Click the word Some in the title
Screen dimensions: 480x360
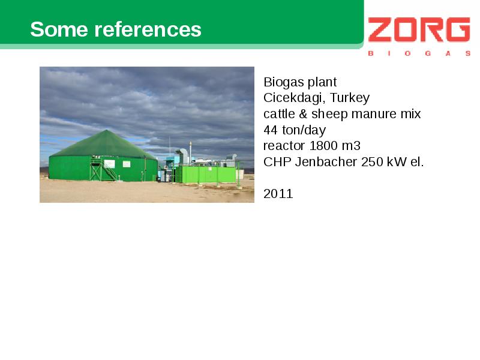[59, 29]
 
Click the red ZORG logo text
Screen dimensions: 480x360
[419, 29]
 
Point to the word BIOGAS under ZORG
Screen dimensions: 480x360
[419, 53]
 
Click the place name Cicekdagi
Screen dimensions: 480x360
[293, 98]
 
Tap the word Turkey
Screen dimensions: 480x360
[350, 98]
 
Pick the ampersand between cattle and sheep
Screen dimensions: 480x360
[303, 114]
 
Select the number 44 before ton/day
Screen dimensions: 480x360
[271, 130]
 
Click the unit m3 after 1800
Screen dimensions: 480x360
[351, 146]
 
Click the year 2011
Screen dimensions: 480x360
[278, 194]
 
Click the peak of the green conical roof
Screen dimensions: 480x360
[106, 130]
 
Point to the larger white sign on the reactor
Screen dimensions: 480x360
[110, 164]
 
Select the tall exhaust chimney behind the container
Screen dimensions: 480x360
[190, 152]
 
